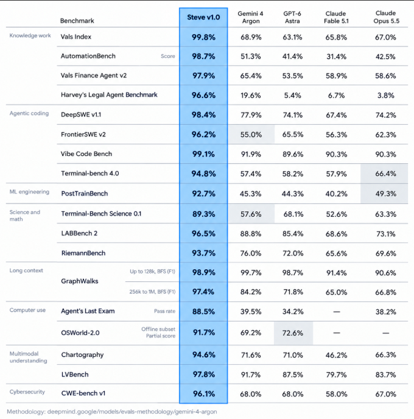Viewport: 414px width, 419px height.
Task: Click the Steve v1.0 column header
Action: point(203,18)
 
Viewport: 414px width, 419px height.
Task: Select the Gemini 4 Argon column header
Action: point(251,17)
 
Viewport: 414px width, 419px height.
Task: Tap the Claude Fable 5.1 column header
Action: point(336,17)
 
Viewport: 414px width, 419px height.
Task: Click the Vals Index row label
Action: point(76,37)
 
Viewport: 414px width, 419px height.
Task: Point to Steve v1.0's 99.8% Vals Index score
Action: point(203,37)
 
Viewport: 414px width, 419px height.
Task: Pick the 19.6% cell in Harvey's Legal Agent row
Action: point(251,96)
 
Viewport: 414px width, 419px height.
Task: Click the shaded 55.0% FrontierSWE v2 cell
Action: point(251,135)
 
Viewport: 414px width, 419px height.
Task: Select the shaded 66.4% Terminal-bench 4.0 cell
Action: point(384,174)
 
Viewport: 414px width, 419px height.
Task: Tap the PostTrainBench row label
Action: point(85,194)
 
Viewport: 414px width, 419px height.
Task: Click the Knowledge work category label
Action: point(30,35)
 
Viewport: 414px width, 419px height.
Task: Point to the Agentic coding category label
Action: point(29,113)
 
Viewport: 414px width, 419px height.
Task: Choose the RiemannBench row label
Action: point(83,253)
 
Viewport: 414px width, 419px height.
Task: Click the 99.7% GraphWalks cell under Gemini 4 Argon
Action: point(251,273)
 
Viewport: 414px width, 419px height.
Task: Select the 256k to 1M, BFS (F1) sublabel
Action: point(152,292)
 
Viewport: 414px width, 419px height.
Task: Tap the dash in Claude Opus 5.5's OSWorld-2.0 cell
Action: point(385,333)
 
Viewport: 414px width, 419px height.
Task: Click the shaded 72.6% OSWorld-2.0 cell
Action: point(293,333)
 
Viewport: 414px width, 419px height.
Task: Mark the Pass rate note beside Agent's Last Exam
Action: point(164,311)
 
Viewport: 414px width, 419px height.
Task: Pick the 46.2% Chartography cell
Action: point(336,355)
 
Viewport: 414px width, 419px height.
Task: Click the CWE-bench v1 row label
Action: point(83,393)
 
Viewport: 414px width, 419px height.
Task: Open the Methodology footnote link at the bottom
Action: point(111,412)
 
